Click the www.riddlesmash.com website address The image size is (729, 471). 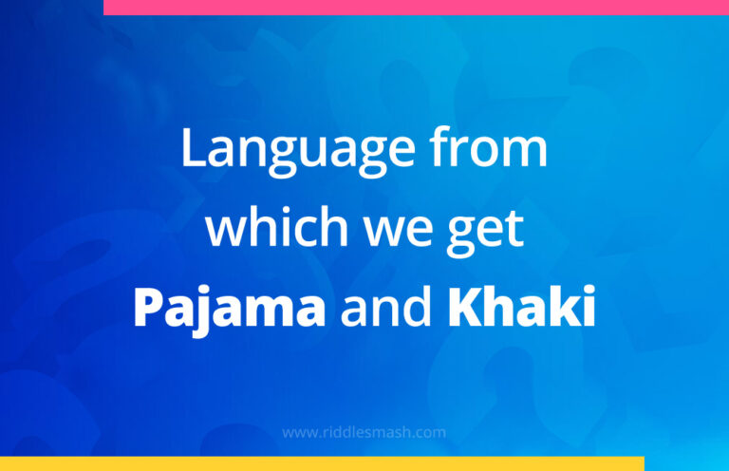coord(364,432)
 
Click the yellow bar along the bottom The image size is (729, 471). coord(322,463)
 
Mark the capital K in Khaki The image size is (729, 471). coord(463,307)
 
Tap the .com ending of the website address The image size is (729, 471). coord(430,433)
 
